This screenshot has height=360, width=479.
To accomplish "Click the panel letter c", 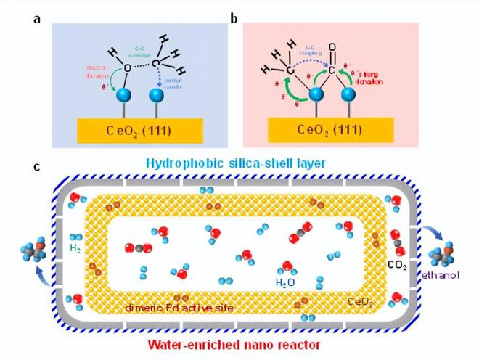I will pos(36,168).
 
